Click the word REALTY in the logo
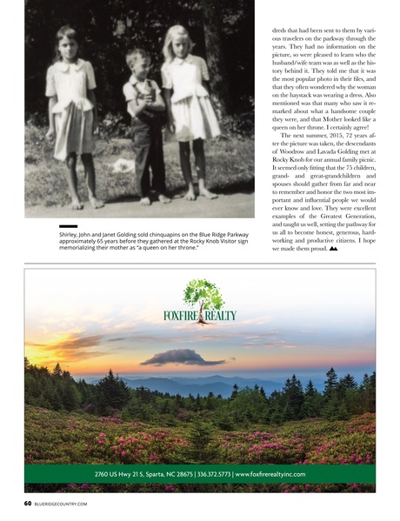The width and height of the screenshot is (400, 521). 221,315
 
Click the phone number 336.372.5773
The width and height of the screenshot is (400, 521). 205,474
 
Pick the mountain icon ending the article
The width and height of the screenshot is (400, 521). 357,248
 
